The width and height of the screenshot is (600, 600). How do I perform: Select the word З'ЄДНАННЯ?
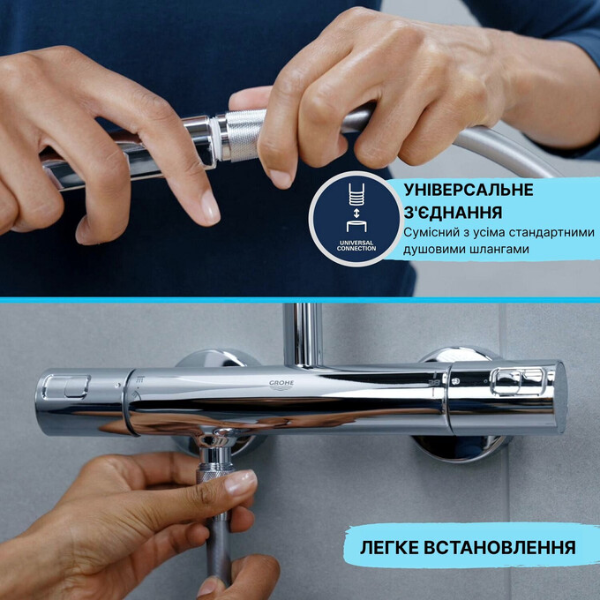(x=454, y=213)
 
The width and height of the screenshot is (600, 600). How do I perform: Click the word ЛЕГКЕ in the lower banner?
(x=393, y=547)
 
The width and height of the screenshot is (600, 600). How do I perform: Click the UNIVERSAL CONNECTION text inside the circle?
(x=356, y=244)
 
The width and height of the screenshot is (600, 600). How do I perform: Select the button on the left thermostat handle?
(x=66, y=386)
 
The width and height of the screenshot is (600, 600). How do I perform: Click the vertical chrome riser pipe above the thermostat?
(x=307, y=334)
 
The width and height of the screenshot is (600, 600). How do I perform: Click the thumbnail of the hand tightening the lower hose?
(x=221, y=521)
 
